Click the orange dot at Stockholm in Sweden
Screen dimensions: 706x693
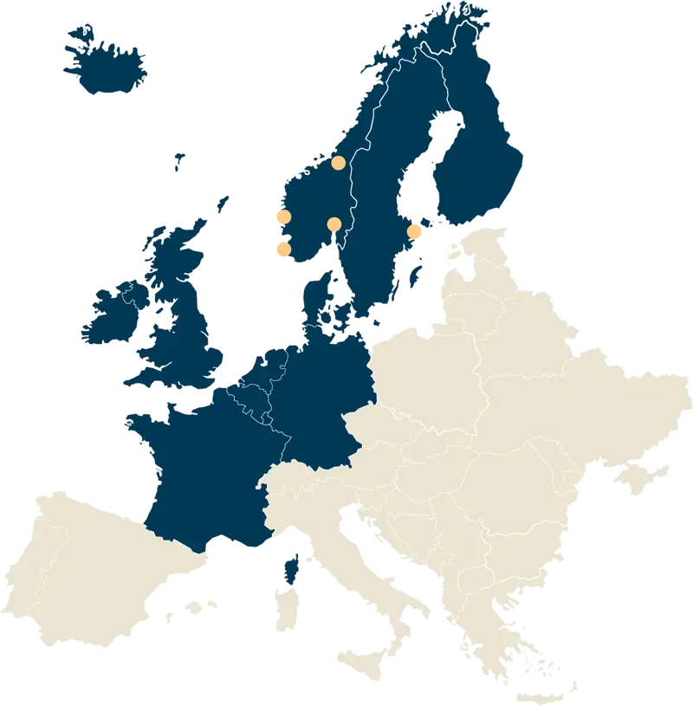[415, 231]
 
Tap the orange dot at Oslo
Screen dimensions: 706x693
[334, 224]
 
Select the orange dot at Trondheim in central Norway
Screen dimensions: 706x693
[339, 162]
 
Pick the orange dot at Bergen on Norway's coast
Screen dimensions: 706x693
[282, 217]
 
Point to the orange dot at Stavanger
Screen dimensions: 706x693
[282, 249]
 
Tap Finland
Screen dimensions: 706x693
[481, 156]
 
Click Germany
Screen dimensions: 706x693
[321, 398]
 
